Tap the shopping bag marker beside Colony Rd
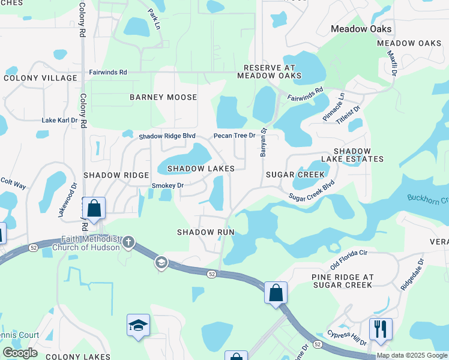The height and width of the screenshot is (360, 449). (94, 208)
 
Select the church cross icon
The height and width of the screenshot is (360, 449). (128, 243)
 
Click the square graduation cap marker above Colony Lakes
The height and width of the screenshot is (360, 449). (139, 326)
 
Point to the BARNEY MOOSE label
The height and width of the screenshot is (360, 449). (163, 97)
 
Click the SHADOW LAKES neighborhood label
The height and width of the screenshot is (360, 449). (200, 169)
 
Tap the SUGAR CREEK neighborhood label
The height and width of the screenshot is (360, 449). (295, 175)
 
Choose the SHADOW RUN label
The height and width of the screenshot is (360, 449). (205, 232)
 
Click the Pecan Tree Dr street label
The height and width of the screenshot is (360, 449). (235, 136)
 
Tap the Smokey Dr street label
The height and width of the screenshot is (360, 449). (167, 185)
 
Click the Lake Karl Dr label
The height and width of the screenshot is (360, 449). (59, 120)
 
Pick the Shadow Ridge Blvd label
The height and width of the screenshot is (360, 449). (167, 136)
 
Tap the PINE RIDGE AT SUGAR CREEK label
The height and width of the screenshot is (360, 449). (343, 281)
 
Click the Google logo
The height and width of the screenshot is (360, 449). (20, 352)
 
